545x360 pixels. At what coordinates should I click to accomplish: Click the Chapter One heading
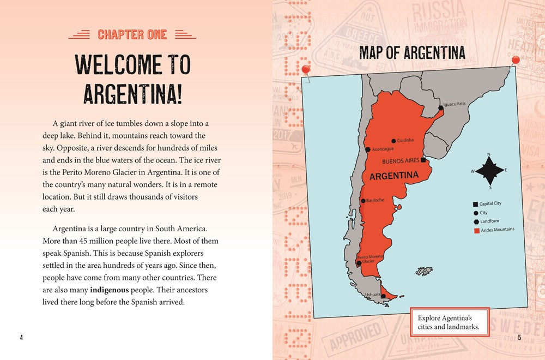(132, 35)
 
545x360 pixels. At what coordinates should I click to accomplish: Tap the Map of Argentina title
(412, 52)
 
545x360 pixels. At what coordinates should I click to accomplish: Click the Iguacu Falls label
(454, 104)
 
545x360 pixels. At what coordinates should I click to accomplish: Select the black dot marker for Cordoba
(393, 140)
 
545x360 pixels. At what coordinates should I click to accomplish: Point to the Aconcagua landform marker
(368, 149)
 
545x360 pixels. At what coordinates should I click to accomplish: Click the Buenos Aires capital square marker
(423, 160)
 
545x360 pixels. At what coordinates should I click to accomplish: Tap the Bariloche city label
(375, 200)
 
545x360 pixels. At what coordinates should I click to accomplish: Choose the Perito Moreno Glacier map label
(370, 259)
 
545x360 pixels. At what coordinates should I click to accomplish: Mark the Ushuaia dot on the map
(383, 296)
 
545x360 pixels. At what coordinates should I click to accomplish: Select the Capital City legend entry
(490, 203)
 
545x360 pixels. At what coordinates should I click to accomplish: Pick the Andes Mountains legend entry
(496, 230)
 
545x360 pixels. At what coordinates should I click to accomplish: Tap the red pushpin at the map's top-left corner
(306, 70)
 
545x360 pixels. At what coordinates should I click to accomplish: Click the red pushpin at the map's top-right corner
(516, 59)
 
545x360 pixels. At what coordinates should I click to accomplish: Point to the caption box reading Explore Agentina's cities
(449, 322)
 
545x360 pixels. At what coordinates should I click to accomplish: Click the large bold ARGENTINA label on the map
(394, 176)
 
